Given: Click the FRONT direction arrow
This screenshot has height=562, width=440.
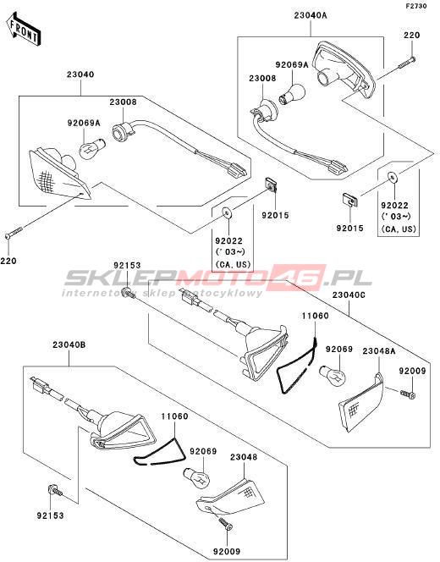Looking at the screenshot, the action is [24, 29].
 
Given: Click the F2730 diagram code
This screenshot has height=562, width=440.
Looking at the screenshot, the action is [416, 6].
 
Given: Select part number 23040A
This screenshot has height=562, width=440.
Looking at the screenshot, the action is [311, 15].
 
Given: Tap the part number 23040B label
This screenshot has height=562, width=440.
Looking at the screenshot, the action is [69, 345].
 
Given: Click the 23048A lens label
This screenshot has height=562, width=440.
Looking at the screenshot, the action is [379, 351].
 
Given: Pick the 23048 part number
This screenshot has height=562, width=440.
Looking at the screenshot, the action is [244, 457].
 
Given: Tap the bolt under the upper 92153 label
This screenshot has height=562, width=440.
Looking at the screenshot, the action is [129, 293].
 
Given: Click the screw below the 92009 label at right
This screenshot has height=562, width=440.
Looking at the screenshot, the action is [408, 394].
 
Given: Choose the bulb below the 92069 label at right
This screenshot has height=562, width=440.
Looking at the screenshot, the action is [333, 375].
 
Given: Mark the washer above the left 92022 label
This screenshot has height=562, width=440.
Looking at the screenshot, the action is [227, 213].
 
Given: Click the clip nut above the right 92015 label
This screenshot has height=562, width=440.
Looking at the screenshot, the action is [349, 200].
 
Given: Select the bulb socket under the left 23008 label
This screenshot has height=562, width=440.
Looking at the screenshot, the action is [123, 130].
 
